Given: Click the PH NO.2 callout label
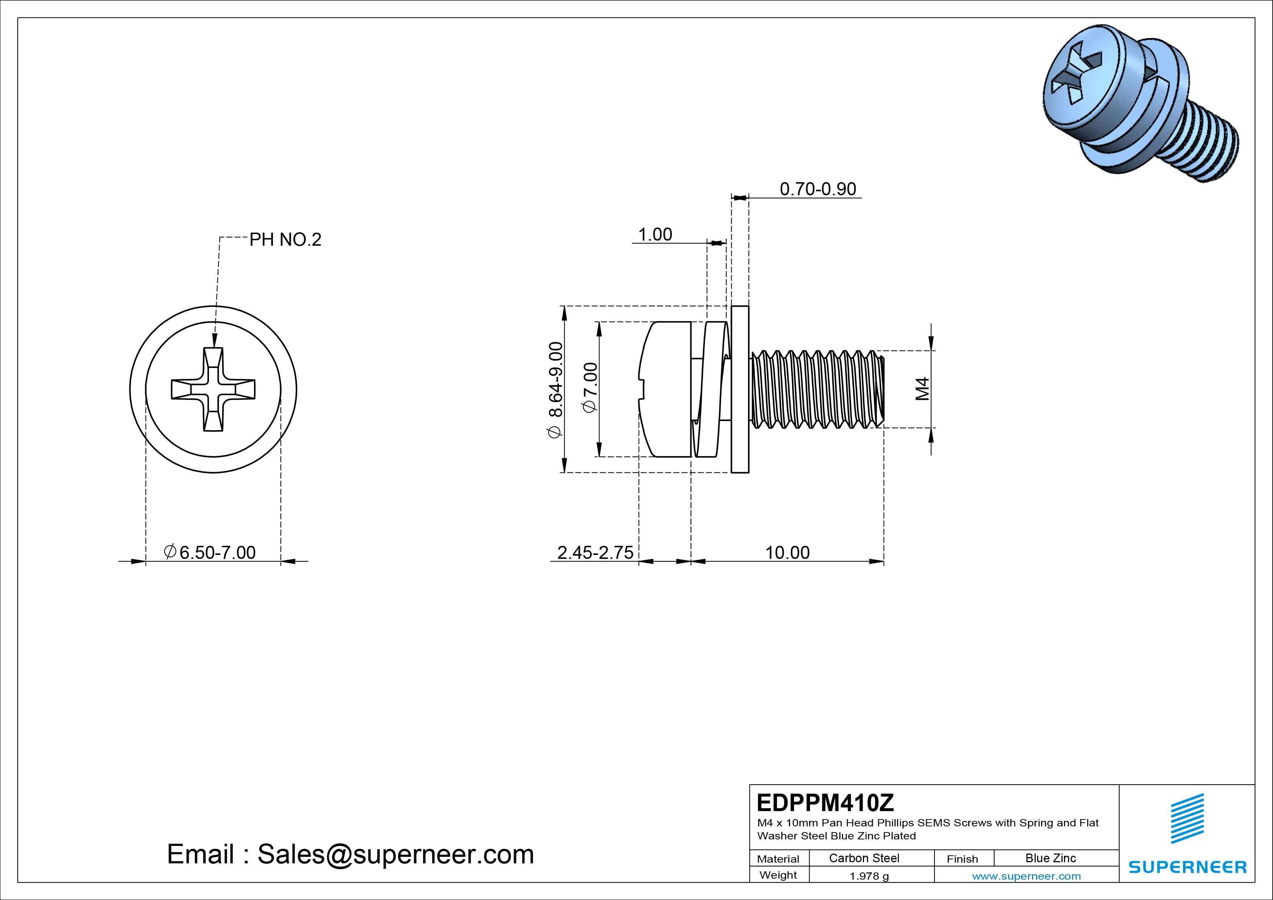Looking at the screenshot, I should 285,240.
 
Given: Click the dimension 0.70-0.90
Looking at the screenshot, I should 818,189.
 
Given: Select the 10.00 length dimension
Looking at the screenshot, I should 787,552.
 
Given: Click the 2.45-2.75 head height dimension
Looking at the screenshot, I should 595,552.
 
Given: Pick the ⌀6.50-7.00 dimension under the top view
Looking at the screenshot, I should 211,552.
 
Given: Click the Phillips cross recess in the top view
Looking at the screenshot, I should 213,389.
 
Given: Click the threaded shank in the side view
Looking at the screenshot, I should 815,389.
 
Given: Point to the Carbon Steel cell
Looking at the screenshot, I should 864,858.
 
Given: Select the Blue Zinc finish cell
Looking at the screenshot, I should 1050,858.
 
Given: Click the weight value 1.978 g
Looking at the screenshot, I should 869,876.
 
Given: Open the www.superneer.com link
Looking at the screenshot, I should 1026,876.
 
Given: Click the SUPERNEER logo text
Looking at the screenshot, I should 1187,867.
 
